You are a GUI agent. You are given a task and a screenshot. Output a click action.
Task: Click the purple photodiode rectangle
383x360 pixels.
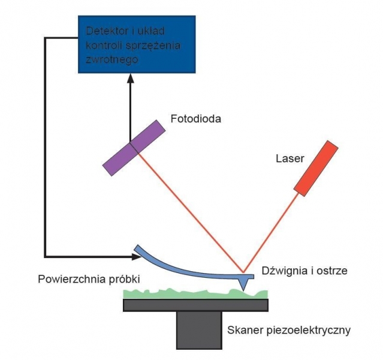[x=133, y=148]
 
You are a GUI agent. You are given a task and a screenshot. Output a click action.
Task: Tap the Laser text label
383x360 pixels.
[x=289, y=159]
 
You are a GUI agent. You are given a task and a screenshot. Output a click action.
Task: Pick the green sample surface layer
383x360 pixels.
[x=192, y=293]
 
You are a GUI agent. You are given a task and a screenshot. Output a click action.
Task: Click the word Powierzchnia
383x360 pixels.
[x=67, y=280]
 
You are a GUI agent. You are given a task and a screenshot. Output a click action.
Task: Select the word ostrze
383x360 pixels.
[x=332, y=271]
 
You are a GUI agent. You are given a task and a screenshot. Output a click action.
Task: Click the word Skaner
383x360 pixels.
[x=244, y=330]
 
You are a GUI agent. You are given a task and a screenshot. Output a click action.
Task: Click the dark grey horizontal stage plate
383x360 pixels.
[x=195, y=305]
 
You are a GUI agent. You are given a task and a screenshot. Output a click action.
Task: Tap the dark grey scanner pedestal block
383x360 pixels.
[x=198, y=329]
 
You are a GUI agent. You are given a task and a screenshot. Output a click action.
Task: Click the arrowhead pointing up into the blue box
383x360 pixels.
[x=130, y=79]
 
